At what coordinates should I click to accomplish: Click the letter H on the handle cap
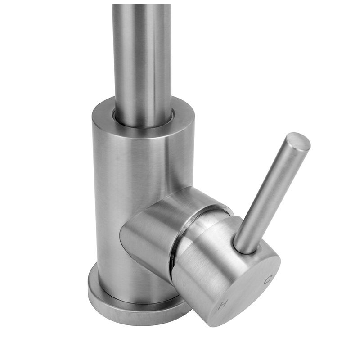pos(222,305)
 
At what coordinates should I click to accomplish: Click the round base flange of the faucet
pos(129,306)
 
